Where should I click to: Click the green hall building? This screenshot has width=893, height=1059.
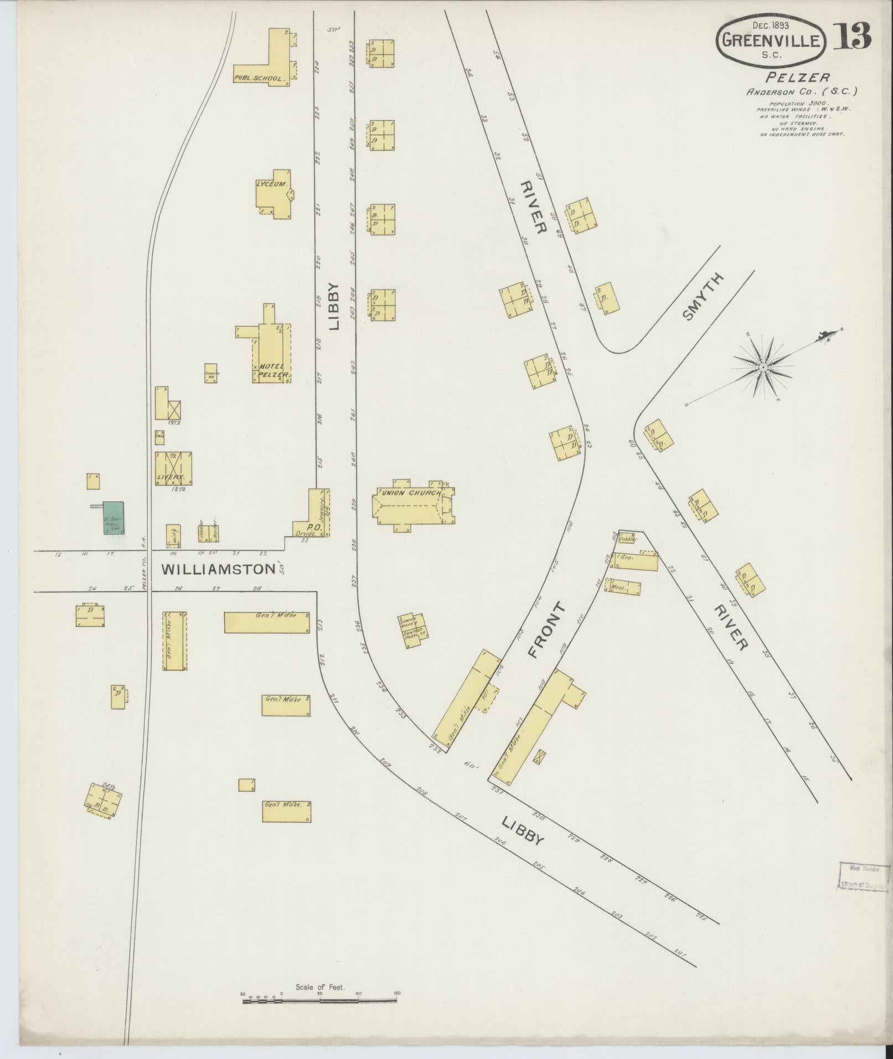click(113, 518)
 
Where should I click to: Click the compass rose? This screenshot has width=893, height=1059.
click(763, 368)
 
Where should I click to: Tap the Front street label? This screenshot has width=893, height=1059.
click(547, 630)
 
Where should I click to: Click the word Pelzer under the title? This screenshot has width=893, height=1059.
click(797, 78)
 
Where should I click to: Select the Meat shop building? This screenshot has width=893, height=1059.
click(624, 588)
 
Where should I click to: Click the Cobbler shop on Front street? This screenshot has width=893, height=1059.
click(628, 538)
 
